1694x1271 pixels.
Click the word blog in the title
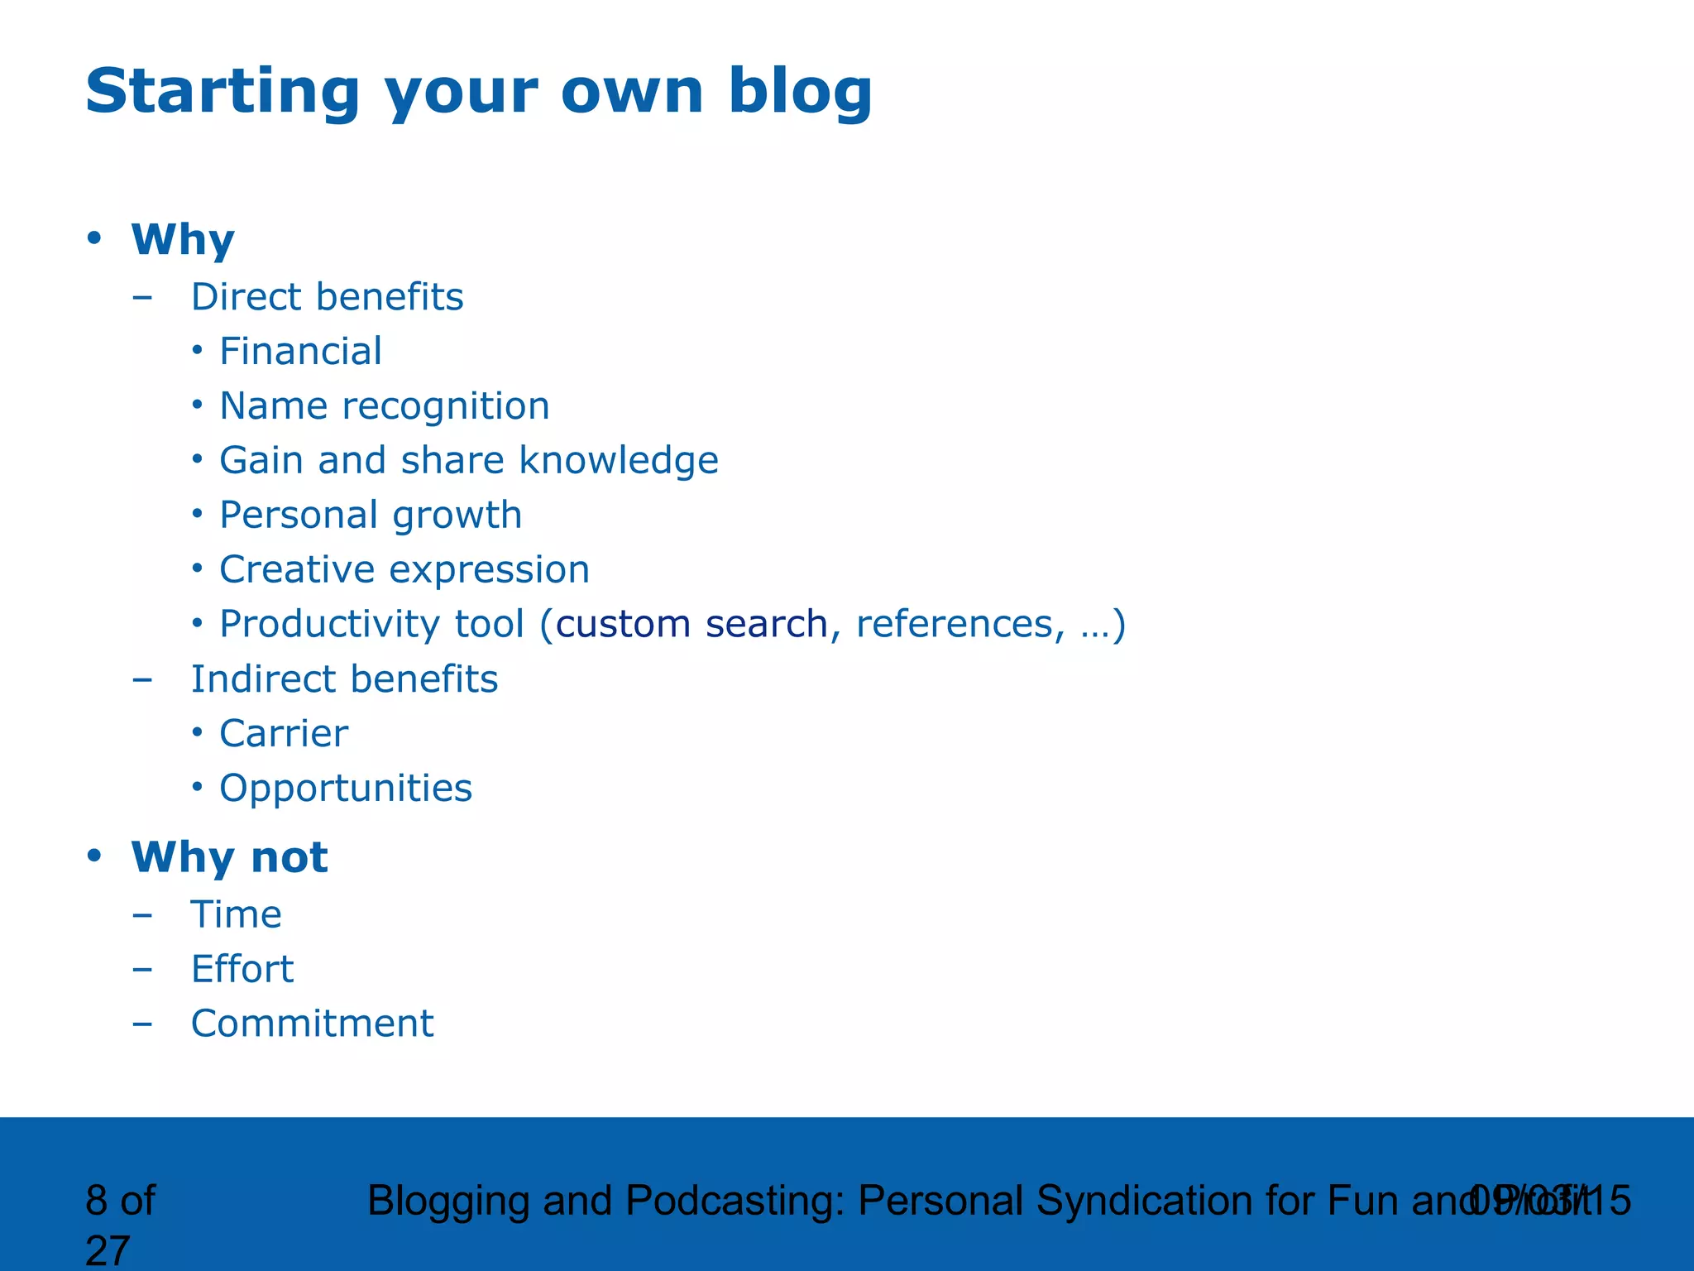[799, 91]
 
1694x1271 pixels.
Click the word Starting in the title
[222, 91]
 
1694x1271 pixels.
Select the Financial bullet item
[300, 352]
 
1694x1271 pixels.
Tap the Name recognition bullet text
[384, 406]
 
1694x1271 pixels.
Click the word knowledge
[618, 461]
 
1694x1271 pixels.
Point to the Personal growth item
[370, 516]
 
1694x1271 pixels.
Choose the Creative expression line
[404, 570]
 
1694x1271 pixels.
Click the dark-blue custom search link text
[691, 624]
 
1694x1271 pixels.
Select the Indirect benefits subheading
[344, 679]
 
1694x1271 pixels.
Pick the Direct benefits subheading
[327, 297]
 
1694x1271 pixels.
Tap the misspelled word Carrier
[283, 734]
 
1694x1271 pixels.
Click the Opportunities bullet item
[345, 789]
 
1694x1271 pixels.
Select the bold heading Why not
[229, 857]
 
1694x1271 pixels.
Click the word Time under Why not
[236, 915]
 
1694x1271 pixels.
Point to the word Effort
[242, 970]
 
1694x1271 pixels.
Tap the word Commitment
[312, 1024]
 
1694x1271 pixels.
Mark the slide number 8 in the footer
[96, 1201]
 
